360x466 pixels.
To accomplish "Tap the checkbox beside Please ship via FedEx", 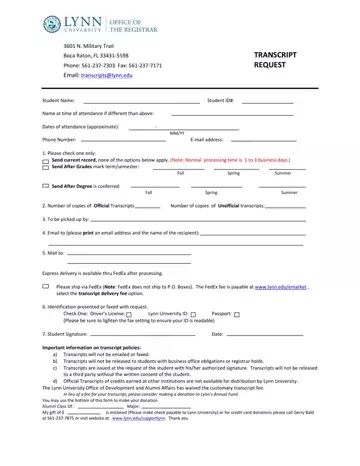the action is coord(45,285).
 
